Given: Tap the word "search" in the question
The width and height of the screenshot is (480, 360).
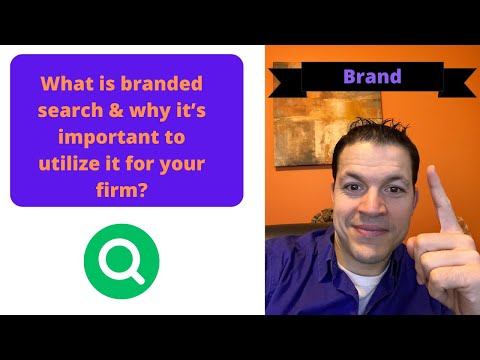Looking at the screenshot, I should (x=69, y=109).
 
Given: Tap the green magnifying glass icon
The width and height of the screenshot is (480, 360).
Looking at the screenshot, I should (x=121, y=261).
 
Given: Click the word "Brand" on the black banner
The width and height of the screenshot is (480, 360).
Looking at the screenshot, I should (x=372, y=76).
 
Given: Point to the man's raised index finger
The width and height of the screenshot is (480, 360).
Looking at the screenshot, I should (x=437, y=190).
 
